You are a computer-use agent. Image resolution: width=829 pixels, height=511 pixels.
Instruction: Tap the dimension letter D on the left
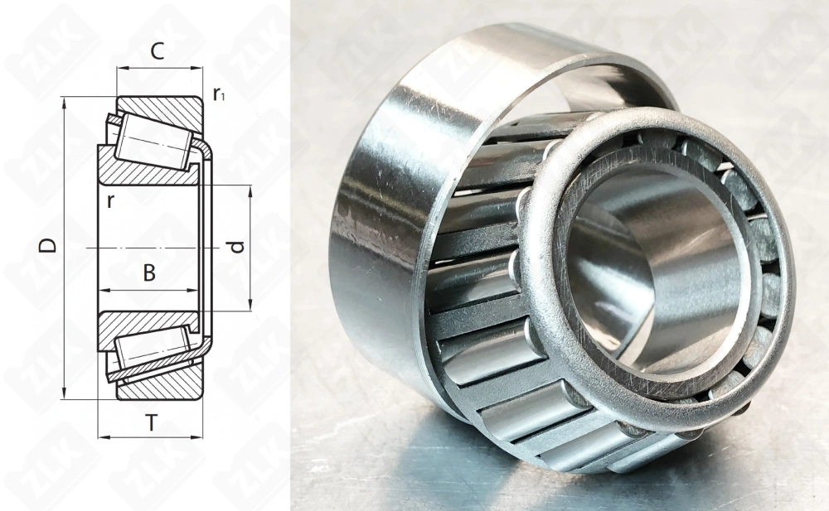coord(49,245)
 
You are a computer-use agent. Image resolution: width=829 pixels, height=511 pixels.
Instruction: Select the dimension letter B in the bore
coord(149,272)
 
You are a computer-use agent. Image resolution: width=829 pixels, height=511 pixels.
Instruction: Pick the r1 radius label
coord(220,94)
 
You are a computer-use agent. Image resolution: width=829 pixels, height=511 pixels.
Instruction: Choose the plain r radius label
coord(110,201)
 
